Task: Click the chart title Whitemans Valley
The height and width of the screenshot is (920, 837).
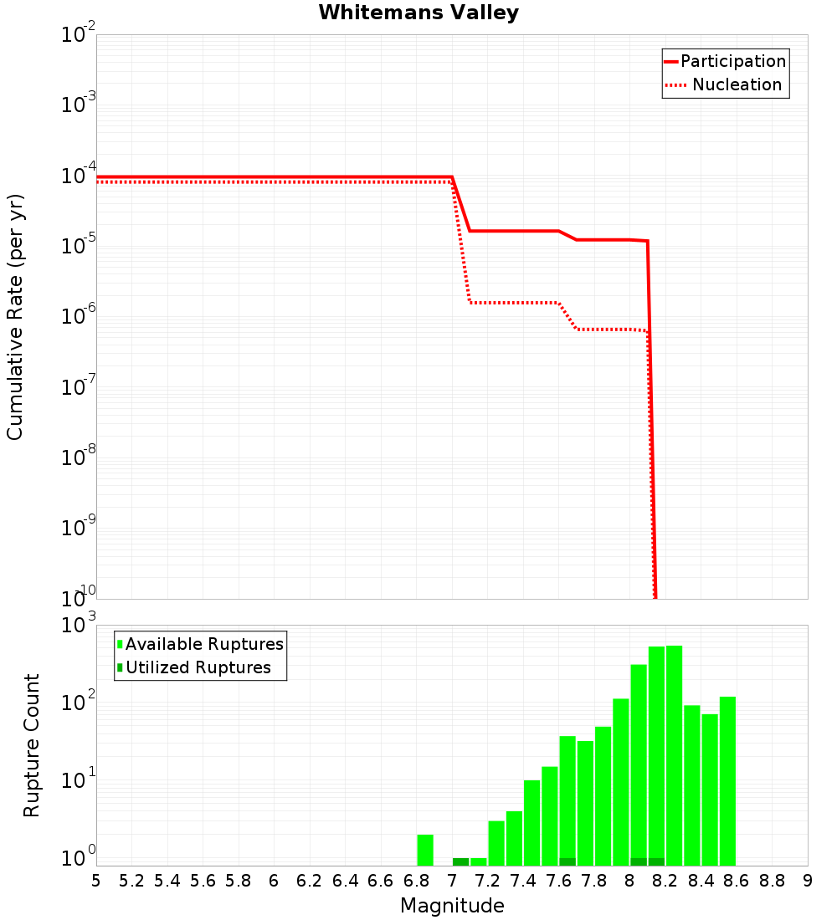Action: (418, 13)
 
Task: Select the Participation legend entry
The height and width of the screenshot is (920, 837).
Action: (725, 62)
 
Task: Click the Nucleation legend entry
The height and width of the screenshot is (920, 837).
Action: (725, 85)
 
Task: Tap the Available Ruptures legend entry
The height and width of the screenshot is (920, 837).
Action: (200, 644)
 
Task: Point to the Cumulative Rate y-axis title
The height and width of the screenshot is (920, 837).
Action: (15, 317)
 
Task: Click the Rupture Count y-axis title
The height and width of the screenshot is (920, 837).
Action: (32, 745)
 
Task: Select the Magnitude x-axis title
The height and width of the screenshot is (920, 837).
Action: (452, 906)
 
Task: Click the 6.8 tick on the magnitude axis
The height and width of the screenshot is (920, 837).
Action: (417, 881)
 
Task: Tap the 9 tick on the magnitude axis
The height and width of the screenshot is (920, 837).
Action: (808, 881)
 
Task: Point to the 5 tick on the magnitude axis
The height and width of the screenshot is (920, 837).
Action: (96, 881)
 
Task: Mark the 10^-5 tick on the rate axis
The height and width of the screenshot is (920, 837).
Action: (80, 246)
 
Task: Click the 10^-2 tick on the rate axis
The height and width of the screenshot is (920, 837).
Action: (80, 35)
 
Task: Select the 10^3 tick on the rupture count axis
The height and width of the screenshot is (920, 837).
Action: (80, 626)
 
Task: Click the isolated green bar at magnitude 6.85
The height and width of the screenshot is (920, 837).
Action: (425, 850)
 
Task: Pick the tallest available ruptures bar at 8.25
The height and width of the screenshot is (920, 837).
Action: (674, 753)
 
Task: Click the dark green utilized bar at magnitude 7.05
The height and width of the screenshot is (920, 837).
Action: (460, 861)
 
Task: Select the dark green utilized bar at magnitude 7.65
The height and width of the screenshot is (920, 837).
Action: (567, 861)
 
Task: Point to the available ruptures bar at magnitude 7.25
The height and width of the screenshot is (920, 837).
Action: (496, 843)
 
